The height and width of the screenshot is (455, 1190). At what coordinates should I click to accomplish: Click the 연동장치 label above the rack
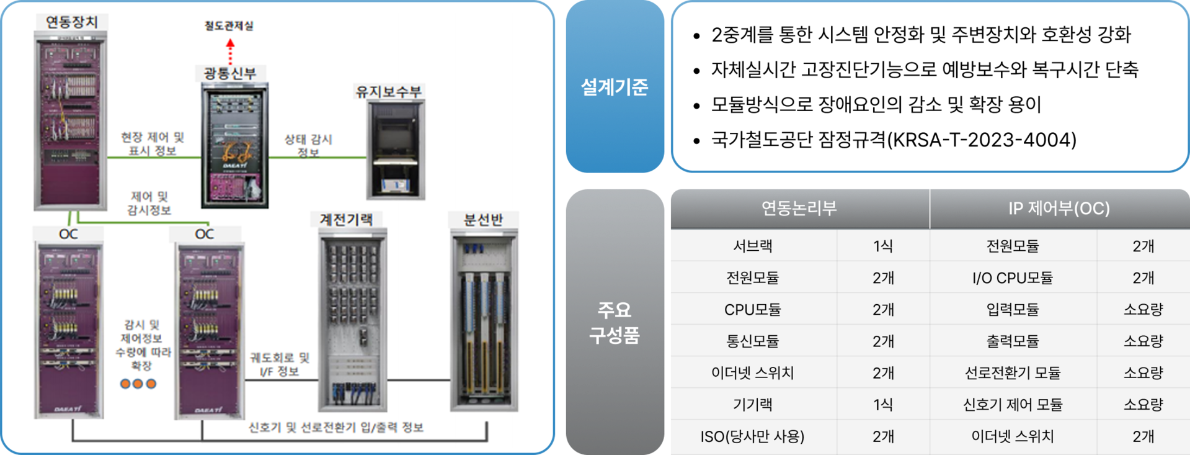click(71, 22)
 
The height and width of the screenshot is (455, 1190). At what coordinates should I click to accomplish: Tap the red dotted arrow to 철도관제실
click(230, 52)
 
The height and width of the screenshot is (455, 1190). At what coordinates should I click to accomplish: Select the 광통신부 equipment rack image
click(235, 146)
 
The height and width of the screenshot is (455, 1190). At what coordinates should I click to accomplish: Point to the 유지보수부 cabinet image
click(395, 150)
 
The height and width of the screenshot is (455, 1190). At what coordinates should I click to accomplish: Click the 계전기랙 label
click(346, 219)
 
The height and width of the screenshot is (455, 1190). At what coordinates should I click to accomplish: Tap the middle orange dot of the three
click(138, 384)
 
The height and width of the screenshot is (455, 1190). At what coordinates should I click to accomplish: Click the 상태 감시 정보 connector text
click(308, 145)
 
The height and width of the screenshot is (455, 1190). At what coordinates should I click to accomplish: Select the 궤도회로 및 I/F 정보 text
click(280, 364)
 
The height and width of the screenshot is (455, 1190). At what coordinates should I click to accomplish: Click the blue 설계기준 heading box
click(615, 87)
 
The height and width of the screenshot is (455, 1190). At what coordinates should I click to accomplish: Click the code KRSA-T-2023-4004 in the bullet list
click(982, 140)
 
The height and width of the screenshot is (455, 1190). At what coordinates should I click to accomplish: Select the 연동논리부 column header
click(799, 209)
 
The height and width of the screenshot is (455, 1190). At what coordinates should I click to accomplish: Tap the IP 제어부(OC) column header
click(1059, 209)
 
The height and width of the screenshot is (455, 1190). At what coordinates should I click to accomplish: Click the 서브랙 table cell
click(752, 246)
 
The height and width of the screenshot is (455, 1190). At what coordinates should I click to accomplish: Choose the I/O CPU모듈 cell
click(1012, 277)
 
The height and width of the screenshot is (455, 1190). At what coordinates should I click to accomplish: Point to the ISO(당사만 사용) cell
click(752, 436)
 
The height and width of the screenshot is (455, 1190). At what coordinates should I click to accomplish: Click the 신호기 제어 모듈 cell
click(1012, 405)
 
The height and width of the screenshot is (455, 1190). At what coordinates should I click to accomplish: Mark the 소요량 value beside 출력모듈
click(1143, 341)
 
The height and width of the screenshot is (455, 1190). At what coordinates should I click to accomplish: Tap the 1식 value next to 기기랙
click(883, 405)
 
